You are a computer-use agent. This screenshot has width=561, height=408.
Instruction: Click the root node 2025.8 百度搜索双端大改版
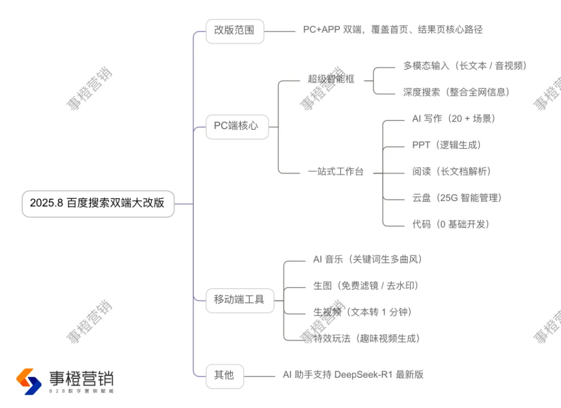coord(98,204)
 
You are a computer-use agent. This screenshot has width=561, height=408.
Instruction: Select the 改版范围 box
coord(234,31)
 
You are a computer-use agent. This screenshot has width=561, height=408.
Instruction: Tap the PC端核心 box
coord(237,127)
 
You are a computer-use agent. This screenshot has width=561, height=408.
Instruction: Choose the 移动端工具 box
coord(240,301)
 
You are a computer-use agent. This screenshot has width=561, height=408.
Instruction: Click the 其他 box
coord(225,376)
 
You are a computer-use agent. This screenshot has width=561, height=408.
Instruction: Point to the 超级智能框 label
coord(331,79)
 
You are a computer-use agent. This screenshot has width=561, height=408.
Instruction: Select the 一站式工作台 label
coord(336,171)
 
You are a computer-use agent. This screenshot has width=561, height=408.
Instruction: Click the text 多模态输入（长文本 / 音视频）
coord(465,66)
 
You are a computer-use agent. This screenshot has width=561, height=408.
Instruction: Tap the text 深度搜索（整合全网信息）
coord(456,92)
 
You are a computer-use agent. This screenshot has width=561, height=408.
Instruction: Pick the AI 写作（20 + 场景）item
coord(454,119)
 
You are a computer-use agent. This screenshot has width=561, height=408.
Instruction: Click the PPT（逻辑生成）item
coord(446,145)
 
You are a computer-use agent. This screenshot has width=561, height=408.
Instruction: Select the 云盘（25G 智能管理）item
coord(457,198)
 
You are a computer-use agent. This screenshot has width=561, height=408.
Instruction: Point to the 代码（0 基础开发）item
coord(451,224)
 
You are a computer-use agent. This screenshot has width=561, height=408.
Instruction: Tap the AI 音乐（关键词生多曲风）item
coord(368,259)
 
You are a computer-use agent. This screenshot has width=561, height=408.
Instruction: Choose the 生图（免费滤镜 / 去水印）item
coord(366,286)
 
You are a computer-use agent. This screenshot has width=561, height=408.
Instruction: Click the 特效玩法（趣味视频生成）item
coord(367,338)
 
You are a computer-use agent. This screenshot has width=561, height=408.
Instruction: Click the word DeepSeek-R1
coord(363,375)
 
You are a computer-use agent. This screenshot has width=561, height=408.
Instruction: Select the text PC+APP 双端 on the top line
coord(333,30)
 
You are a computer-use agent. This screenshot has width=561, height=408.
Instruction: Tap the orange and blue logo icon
coord(29,382)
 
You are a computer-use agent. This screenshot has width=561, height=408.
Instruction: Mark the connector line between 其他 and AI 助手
coord(259,376)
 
